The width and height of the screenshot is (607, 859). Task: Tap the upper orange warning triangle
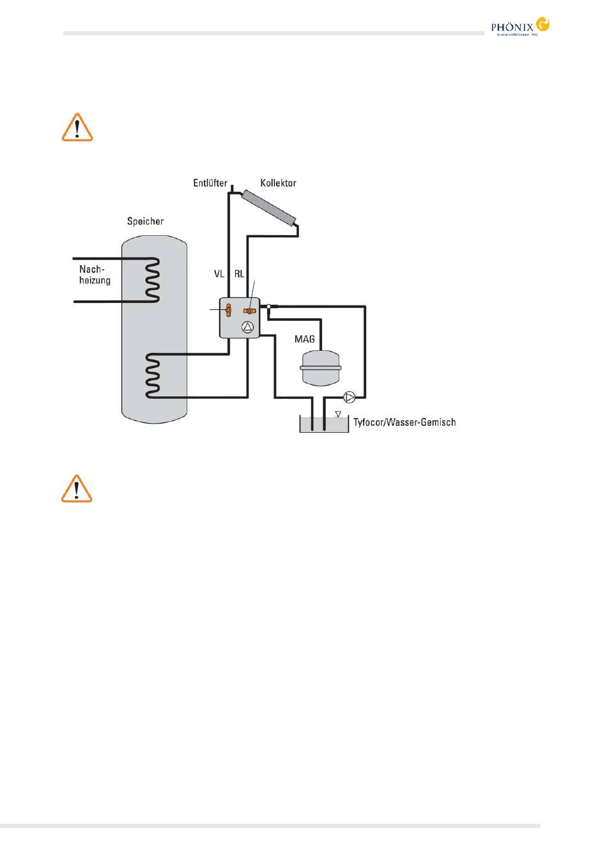(x=77, y=127)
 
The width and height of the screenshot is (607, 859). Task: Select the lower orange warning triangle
(x=77, y=489)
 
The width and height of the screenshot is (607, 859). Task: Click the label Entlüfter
(x=210, y=183)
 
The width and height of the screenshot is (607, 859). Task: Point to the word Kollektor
(x=278, y=183)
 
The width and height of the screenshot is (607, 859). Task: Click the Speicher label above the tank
(x=145, y=221)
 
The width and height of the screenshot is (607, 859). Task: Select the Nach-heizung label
(x=95, y=275)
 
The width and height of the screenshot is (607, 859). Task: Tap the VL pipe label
(x=219, y=274)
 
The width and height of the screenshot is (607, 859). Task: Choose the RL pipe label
(x=239, y=274)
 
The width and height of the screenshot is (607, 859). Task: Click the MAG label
(x=305, y=339)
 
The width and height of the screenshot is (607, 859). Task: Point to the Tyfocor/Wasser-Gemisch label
(x=404, y=422)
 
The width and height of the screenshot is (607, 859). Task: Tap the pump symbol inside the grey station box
(x=248, y=328)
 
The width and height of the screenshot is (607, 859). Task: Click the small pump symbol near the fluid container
(x=350, y=398)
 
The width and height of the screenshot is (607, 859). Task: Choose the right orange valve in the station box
(x=249, y=311)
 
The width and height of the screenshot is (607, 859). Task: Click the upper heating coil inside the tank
(x=152, y=279)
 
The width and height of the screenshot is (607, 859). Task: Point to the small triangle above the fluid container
(x=338, y=414)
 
